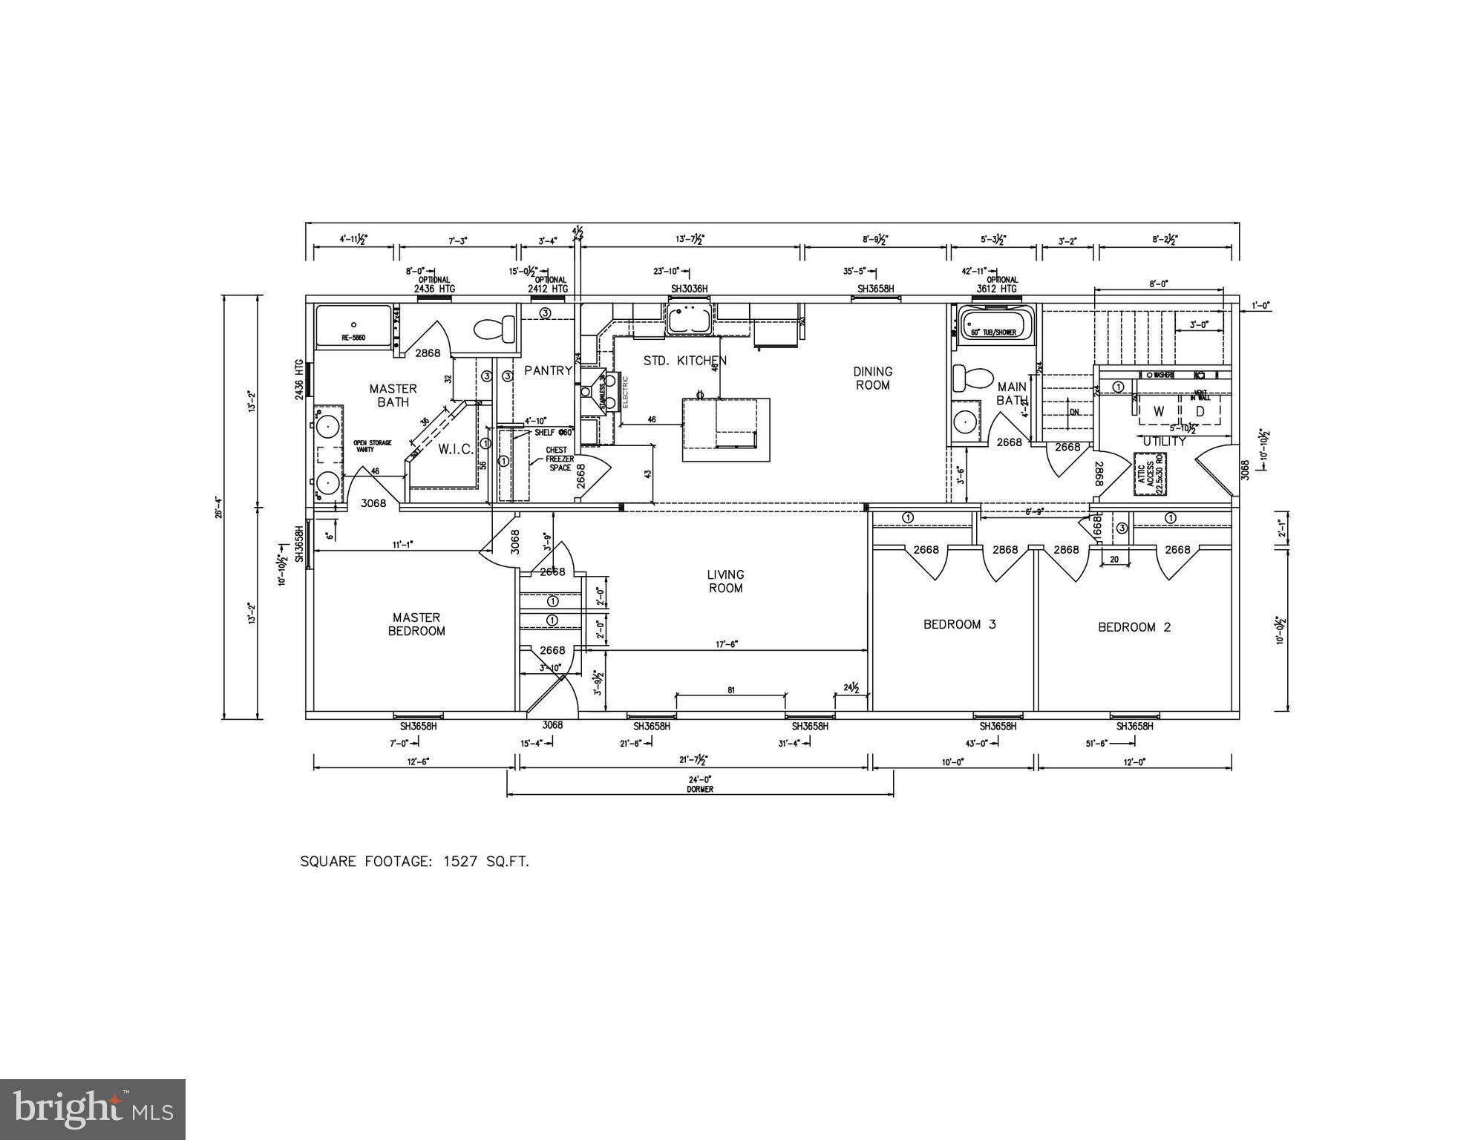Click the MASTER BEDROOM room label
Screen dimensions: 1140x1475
tap(416, 624)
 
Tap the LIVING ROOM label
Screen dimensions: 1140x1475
tap(725, 581)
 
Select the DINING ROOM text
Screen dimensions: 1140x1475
tap(872, 378)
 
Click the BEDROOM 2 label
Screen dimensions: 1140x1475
tap(1134, 627)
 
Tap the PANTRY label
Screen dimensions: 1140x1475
tap(548, 370)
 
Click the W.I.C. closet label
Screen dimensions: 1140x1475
tap(455, 450)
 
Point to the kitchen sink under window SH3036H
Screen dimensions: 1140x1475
tap(690, 320)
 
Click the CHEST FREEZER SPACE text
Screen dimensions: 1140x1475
tap(557, 459)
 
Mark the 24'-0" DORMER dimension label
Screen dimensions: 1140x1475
tap(699, 784)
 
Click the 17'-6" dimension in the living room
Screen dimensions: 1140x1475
tap(725, 645)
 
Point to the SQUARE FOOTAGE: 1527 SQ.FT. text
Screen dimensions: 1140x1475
tap(414, 862)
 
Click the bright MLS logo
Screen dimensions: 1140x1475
tap(93, 1109)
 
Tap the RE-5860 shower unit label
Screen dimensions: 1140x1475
tap(353, 338)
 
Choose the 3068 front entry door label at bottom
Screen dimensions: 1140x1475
tap(552, 725)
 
